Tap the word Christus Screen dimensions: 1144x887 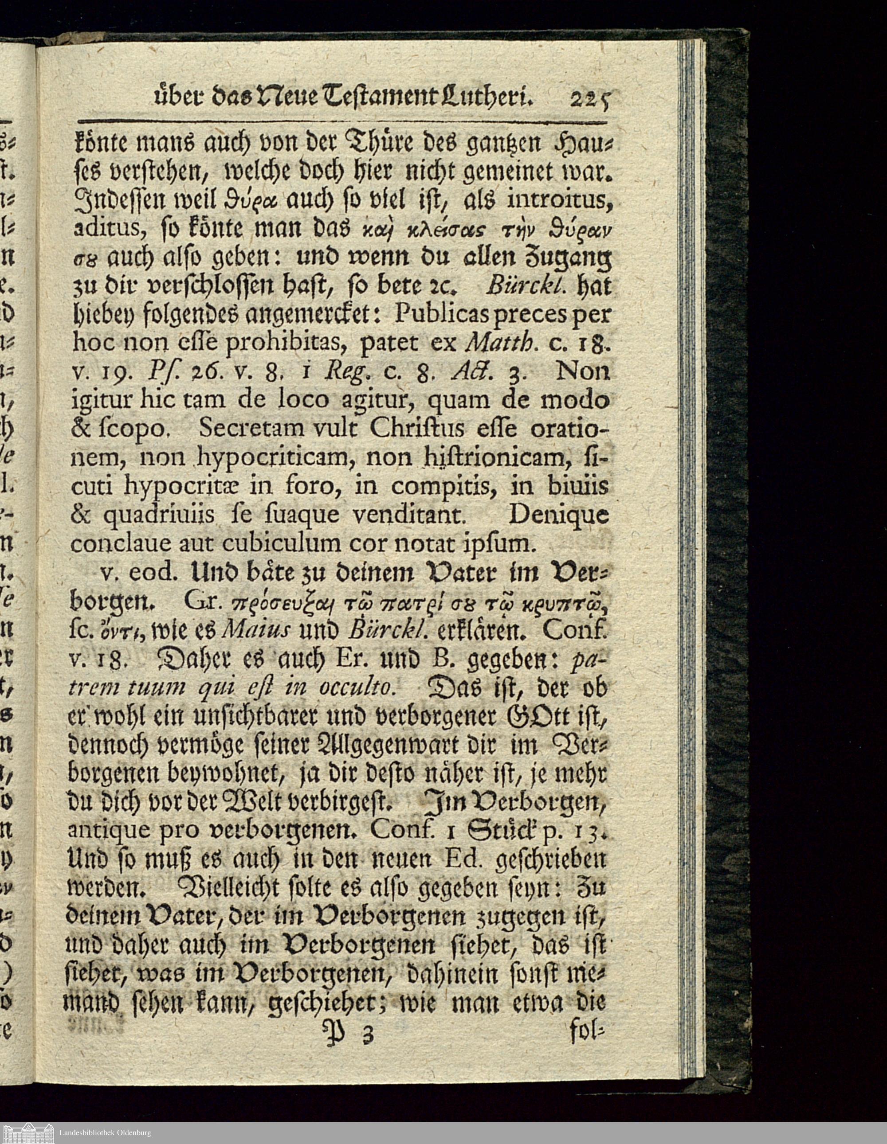click(414, 429)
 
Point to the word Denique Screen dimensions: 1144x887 click(558, 516)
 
